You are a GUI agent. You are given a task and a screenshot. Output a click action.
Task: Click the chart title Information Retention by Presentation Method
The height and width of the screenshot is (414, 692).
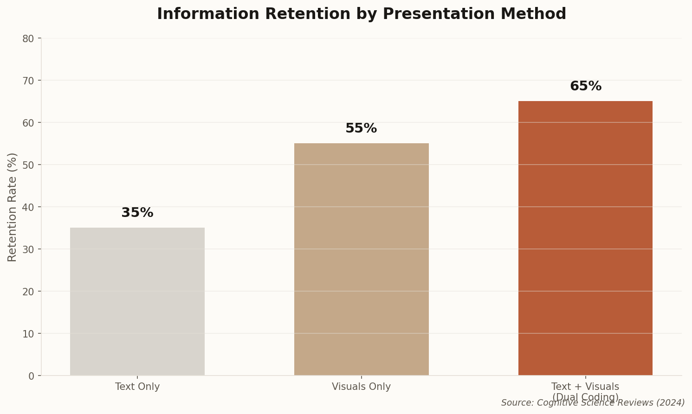pos(361,14)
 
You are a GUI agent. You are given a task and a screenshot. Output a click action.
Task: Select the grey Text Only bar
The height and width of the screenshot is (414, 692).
pos(137,301)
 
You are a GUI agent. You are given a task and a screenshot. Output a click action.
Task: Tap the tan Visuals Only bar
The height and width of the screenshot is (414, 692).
pos(361,260)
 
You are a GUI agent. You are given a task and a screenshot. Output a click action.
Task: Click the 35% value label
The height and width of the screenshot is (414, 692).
pos(137,213)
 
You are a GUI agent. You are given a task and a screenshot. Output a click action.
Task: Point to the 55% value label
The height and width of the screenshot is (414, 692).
pos(361,128)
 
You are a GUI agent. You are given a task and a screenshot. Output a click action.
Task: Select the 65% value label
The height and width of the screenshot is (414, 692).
pos(585,86)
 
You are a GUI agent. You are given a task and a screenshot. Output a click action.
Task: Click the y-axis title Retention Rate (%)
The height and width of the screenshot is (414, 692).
pos(13,207)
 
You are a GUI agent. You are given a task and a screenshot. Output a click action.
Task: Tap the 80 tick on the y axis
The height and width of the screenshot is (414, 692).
pos(28,38)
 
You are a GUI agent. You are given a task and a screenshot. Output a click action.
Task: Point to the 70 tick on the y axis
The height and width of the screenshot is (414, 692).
pos(28,81)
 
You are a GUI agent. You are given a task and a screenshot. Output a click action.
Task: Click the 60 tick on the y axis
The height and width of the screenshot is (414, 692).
pos(28,123)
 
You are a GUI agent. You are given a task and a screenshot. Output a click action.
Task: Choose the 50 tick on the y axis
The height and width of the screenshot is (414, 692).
pos(28,165)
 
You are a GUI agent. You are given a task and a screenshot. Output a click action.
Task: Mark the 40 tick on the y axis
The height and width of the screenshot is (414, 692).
pos(28,207)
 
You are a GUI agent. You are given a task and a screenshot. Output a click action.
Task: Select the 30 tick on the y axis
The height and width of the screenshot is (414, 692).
pos(28,249)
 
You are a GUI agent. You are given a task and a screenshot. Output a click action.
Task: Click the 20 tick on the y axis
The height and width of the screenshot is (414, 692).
pos(28,292)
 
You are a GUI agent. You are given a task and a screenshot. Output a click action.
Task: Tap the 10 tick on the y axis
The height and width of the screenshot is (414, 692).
pos(28,334)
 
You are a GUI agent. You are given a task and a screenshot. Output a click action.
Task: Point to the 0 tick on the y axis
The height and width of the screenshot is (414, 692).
pos(32,376)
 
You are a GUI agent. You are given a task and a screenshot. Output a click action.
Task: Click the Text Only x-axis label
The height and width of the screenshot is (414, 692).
pos(137,387)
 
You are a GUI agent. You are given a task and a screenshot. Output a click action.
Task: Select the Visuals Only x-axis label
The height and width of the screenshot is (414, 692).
pos(361,387)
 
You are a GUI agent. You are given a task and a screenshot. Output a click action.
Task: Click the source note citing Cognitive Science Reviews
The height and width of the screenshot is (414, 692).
pos(593,403)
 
